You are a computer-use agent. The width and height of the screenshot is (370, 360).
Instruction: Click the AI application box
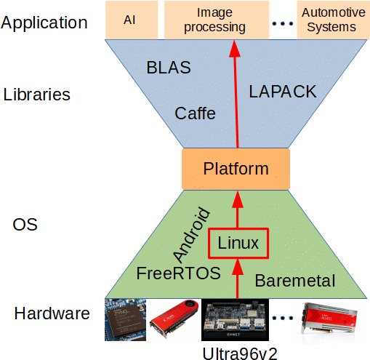point(130,20)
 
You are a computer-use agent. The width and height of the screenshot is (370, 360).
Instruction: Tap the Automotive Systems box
point(329,20)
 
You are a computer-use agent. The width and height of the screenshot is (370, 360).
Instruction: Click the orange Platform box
point(236,169)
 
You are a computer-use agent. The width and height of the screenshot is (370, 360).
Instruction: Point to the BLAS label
point(169,68)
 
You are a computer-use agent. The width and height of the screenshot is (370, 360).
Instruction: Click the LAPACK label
point(283,92)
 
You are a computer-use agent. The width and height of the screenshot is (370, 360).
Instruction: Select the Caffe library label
point(196,113)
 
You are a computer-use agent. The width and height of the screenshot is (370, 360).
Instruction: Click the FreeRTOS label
point(178,274)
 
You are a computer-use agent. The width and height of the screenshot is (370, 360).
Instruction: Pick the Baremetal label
point(295,281)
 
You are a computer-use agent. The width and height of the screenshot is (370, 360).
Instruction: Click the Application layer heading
point(44,22)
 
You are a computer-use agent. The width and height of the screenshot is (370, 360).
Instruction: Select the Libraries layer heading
point(37,95)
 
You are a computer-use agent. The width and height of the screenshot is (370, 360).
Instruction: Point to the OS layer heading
point(25,225)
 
